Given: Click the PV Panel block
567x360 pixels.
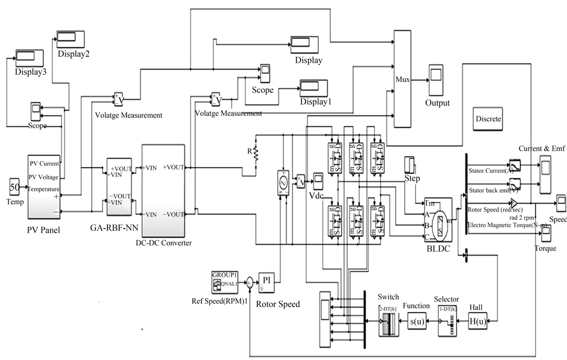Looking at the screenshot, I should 44,185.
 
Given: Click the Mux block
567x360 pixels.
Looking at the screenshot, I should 403,78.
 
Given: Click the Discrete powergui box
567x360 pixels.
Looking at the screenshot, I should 488,119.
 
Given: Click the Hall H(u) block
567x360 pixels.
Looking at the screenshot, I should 478,322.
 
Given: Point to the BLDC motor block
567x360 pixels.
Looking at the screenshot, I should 438,221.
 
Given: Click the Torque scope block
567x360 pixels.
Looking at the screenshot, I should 546,234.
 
